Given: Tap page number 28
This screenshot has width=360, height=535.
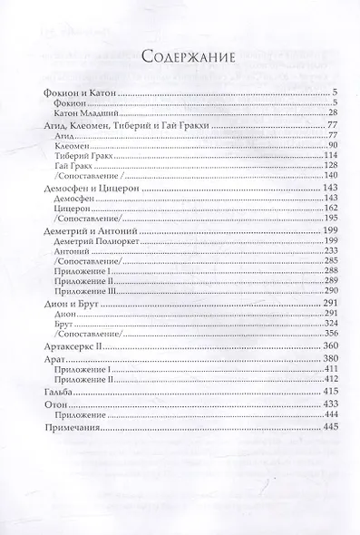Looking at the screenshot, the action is click(x=333, y=113).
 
